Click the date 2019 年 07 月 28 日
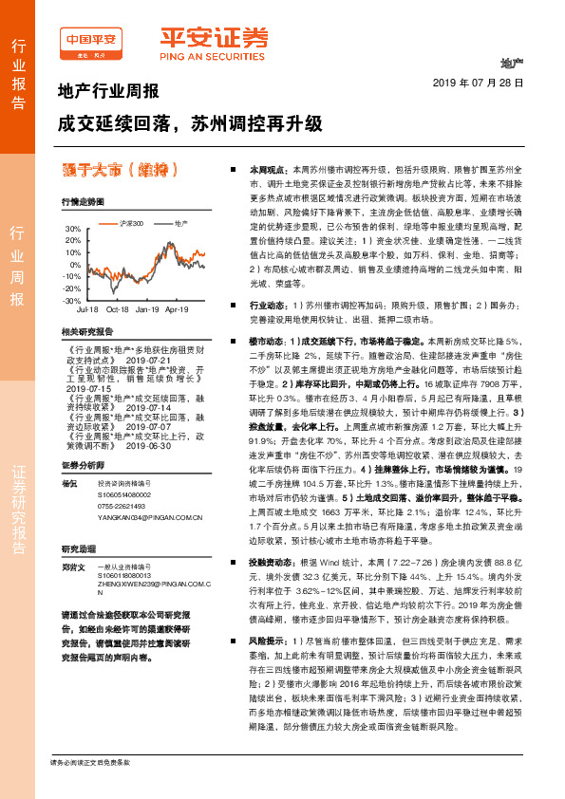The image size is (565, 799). point(484,84)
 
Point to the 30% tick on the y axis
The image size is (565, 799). point(72,230)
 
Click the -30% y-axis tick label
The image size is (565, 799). point(71,300)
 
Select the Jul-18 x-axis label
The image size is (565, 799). point(87,309)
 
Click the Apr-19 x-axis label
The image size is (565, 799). point(177,309)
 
